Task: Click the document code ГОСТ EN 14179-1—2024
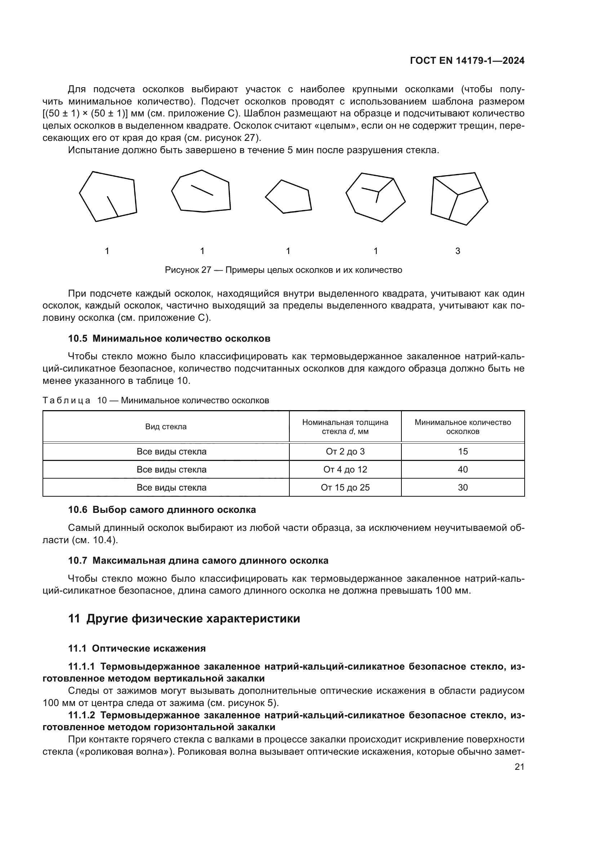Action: tap(467, 61)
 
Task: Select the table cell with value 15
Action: tap(462, 452)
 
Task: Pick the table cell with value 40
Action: tap(462, 470)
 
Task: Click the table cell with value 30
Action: tap(462, 488)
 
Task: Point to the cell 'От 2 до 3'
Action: tap(345, 452)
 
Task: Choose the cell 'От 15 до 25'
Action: tap(345, 488)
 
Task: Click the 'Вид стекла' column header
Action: tap(166, 427)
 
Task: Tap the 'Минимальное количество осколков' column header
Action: tap(462, 427)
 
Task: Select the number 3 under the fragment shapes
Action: tap(458, 251)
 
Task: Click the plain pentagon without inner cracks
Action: tap(289, 197)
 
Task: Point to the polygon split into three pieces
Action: tap(459, 198)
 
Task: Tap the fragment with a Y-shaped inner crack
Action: tap(375, 198)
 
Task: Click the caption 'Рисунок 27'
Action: tap(283, 270)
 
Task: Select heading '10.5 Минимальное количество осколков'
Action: tap(169, 338)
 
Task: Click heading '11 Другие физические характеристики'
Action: tap(184, 619)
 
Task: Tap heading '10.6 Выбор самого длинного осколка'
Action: tap(162, 510)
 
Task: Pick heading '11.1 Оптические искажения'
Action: tap(137, 648)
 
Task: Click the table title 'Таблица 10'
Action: tap(156, 400)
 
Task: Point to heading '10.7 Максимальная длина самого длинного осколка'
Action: tap(198, 561)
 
